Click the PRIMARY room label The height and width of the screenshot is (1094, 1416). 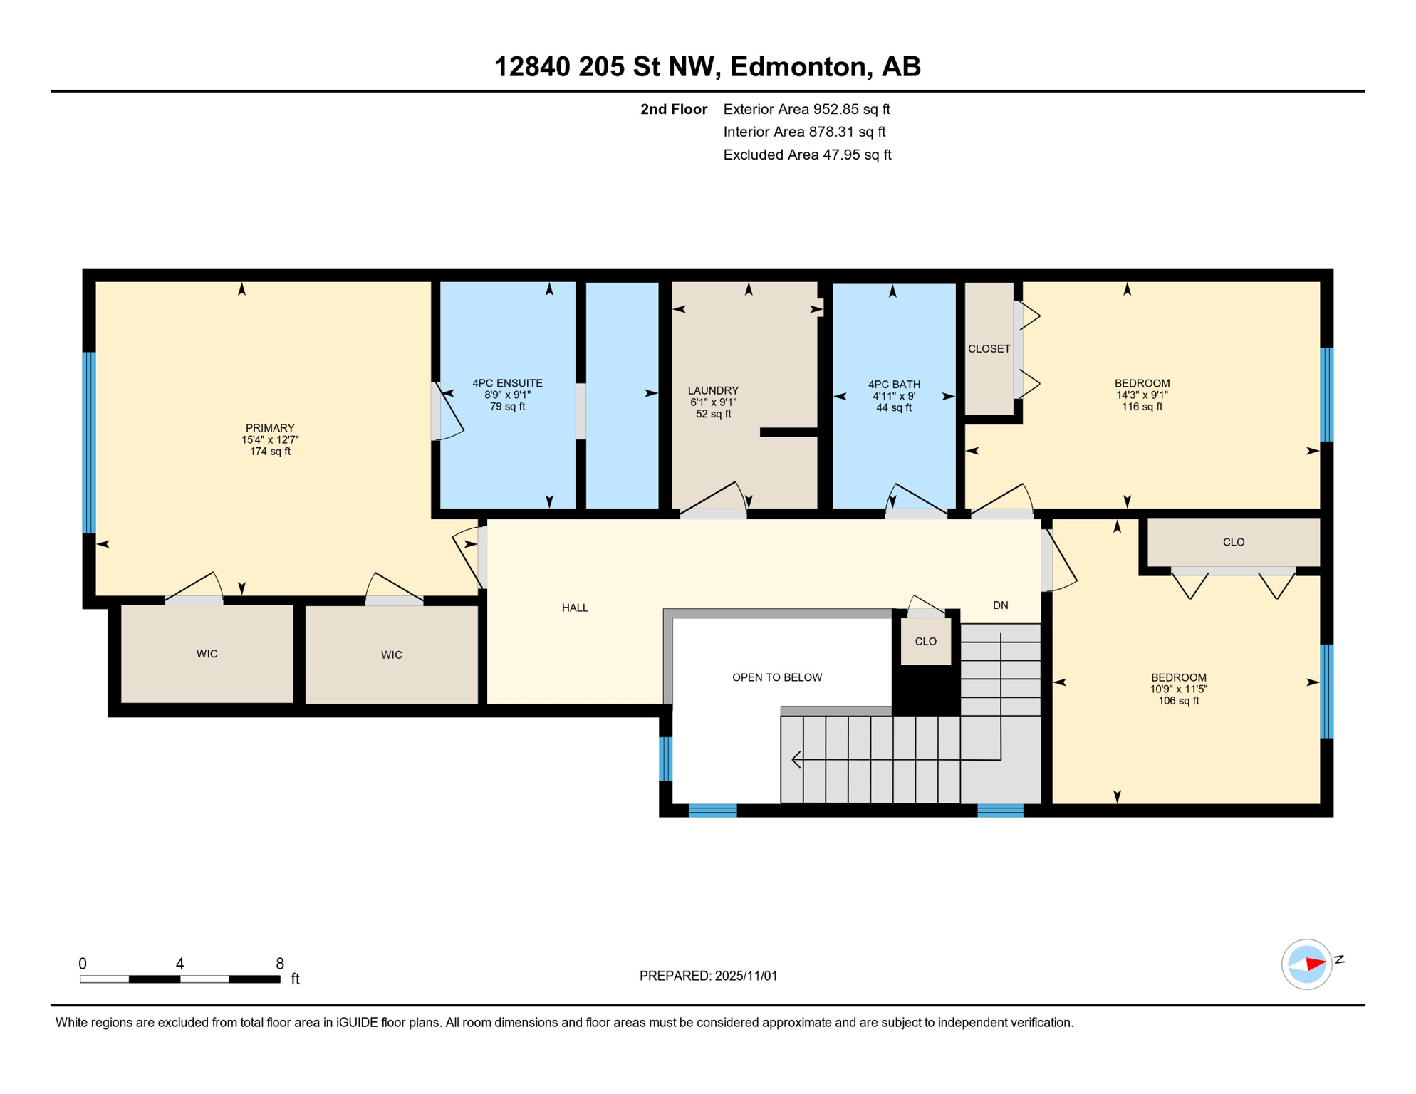pos(270,428)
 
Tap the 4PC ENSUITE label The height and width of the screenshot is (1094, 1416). pos(507,383)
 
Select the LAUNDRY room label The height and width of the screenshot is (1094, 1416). pos(713,390)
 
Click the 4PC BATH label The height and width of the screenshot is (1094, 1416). pos(894,385)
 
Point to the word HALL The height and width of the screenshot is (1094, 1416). pos(575,608)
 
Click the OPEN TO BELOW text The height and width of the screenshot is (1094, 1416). pos(777,677)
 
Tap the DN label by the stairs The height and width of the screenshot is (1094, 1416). pos(1000,605)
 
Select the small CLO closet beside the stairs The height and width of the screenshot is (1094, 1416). pos(925,642)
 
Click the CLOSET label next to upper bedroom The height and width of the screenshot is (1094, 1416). pos(989,349)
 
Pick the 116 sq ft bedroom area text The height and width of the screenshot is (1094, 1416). pos(1142,407)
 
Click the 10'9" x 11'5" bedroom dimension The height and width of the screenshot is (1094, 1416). pos(1178,689)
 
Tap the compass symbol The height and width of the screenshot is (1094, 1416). pos(1306,964)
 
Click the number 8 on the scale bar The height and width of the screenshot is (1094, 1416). pos(280,964)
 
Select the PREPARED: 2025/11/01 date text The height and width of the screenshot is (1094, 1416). pos(708,976)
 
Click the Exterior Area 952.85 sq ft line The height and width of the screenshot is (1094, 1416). pos(806,109)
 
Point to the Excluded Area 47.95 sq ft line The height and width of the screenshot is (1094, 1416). pos(807,155)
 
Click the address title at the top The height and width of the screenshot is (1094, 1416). pos(707,66)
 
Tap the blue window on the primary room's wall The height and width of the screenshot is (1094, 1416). pos(89,442)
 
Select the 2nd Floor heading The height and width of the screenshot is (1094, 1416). pos(673,109)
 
